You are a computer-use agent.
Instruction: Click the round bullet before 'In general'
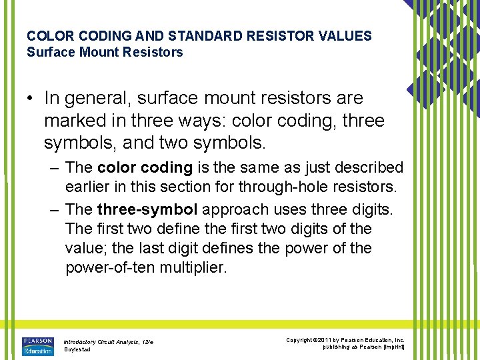tap(31, 99)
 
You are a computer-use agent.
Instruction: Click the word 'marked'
tap(74, 121)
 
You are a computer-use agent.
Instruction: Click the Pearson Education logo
tap(37, 346)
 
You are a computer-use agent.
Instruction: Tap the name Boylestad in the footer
tap(78, 349)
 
